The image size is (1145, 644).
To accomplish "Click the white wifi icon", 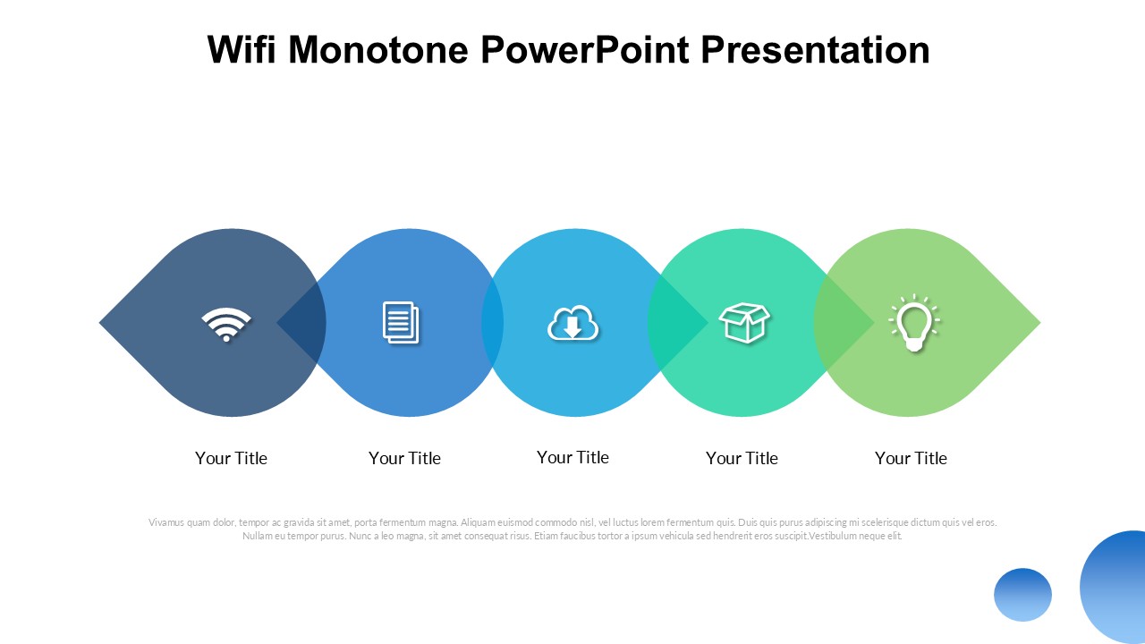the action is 226,324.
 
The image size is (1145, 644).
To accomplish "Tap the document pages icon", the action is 401,323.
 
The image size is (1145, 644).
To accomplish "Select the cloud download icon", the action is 572,323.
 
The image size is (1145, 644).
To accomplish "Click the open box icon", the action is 744,323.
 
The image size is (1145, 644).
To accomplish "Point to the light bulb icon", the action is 914,323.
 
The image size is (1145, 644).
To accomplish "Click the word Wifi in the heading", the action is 242,49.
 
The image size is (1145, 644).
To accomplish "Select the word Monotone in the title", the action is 378,49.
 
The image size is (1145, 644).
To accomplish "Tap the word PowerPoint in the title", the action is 585,49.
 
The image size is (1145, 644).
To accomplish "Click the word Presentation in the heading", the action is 815,49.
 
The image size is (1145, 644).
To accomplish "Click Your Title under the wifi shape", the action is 231,458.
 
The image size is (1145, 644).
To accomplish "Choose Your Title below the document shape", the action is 404,458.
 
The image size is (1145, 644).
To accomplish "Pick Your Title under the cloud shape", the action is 572,457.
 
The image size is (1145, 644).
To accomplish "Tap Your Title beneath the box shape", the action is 742,458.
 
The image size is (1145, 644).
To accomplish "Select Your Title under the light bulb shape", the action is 911,458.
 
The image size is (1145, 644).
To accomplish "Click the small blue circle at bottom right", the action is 1022,595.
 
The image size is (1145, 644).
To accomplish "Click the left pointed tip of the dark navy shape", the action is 99,323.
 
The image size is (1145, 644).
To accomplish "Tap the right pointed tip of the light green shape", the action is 1039,323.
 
